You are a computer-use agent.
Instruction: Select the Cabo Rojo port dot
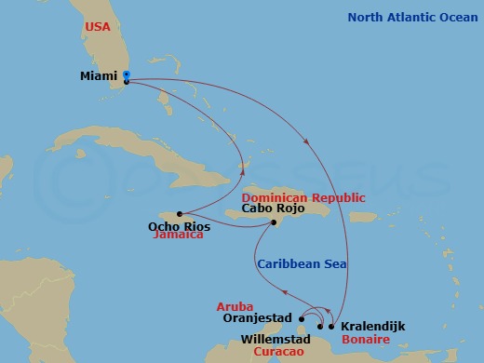point(274,222)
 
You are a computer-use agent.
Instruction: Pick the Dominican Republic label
point(303,198)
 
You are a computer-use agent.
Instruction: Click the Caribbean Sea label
point(302,264)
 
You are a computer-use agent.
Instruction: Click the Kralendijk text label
point(373,327)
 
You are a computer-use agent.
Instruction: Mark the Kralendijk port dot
point(331,327)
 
